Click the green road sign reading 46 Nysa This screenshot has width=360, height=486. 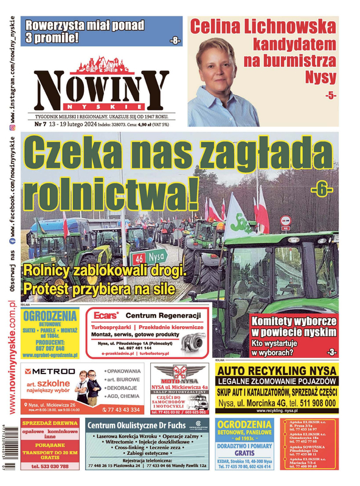pos(151,255)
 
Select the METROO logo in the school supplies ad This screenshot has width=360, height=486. pos(52,371)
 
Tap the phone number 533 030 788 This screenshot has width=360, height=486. pos(49,467)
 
